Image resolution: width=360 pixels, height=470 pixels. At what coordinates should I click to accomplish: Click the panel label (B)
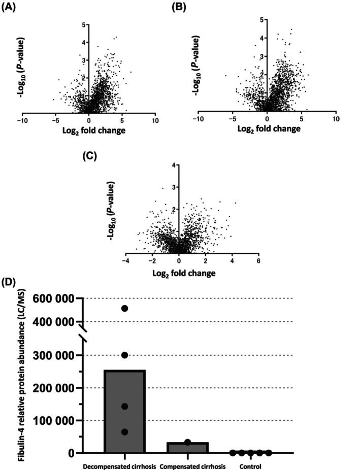click(x=179, y=7)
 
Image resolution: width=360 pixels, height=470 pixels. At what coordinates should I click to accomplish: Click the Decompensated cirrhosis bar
click(x=125, y=411)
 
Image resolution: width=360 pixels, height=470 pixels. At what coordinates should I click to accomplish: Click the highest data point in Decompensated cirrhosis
click(x=124, y=309)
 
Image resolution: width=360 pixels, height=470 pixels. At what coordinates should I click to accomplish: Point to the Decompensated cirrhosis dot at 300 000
click(x=124, y=355)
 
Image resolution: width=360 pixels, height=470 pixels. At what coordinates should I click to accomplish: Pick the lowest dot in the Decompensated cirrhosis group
click(x=124, y=432)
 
